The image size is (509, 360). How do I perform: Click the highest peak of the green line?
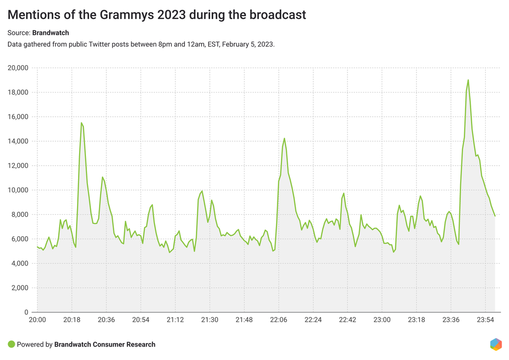468,80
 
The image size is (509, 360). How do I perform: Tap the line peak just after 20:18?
82,123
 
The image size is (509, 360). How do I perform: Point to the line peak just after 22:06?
284,139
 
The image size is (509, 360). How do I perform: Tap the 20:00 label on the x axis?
37,320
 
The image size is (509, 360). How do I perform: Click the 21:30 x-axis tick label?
209,320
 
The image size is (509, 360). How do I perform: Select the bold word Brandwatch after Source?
51,33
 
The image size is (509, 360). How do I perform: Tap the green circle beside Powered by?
11,344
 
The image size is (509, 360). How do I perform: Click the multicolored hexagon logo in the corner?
496,344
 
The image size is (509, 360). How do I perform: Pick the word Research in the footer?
141,344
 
